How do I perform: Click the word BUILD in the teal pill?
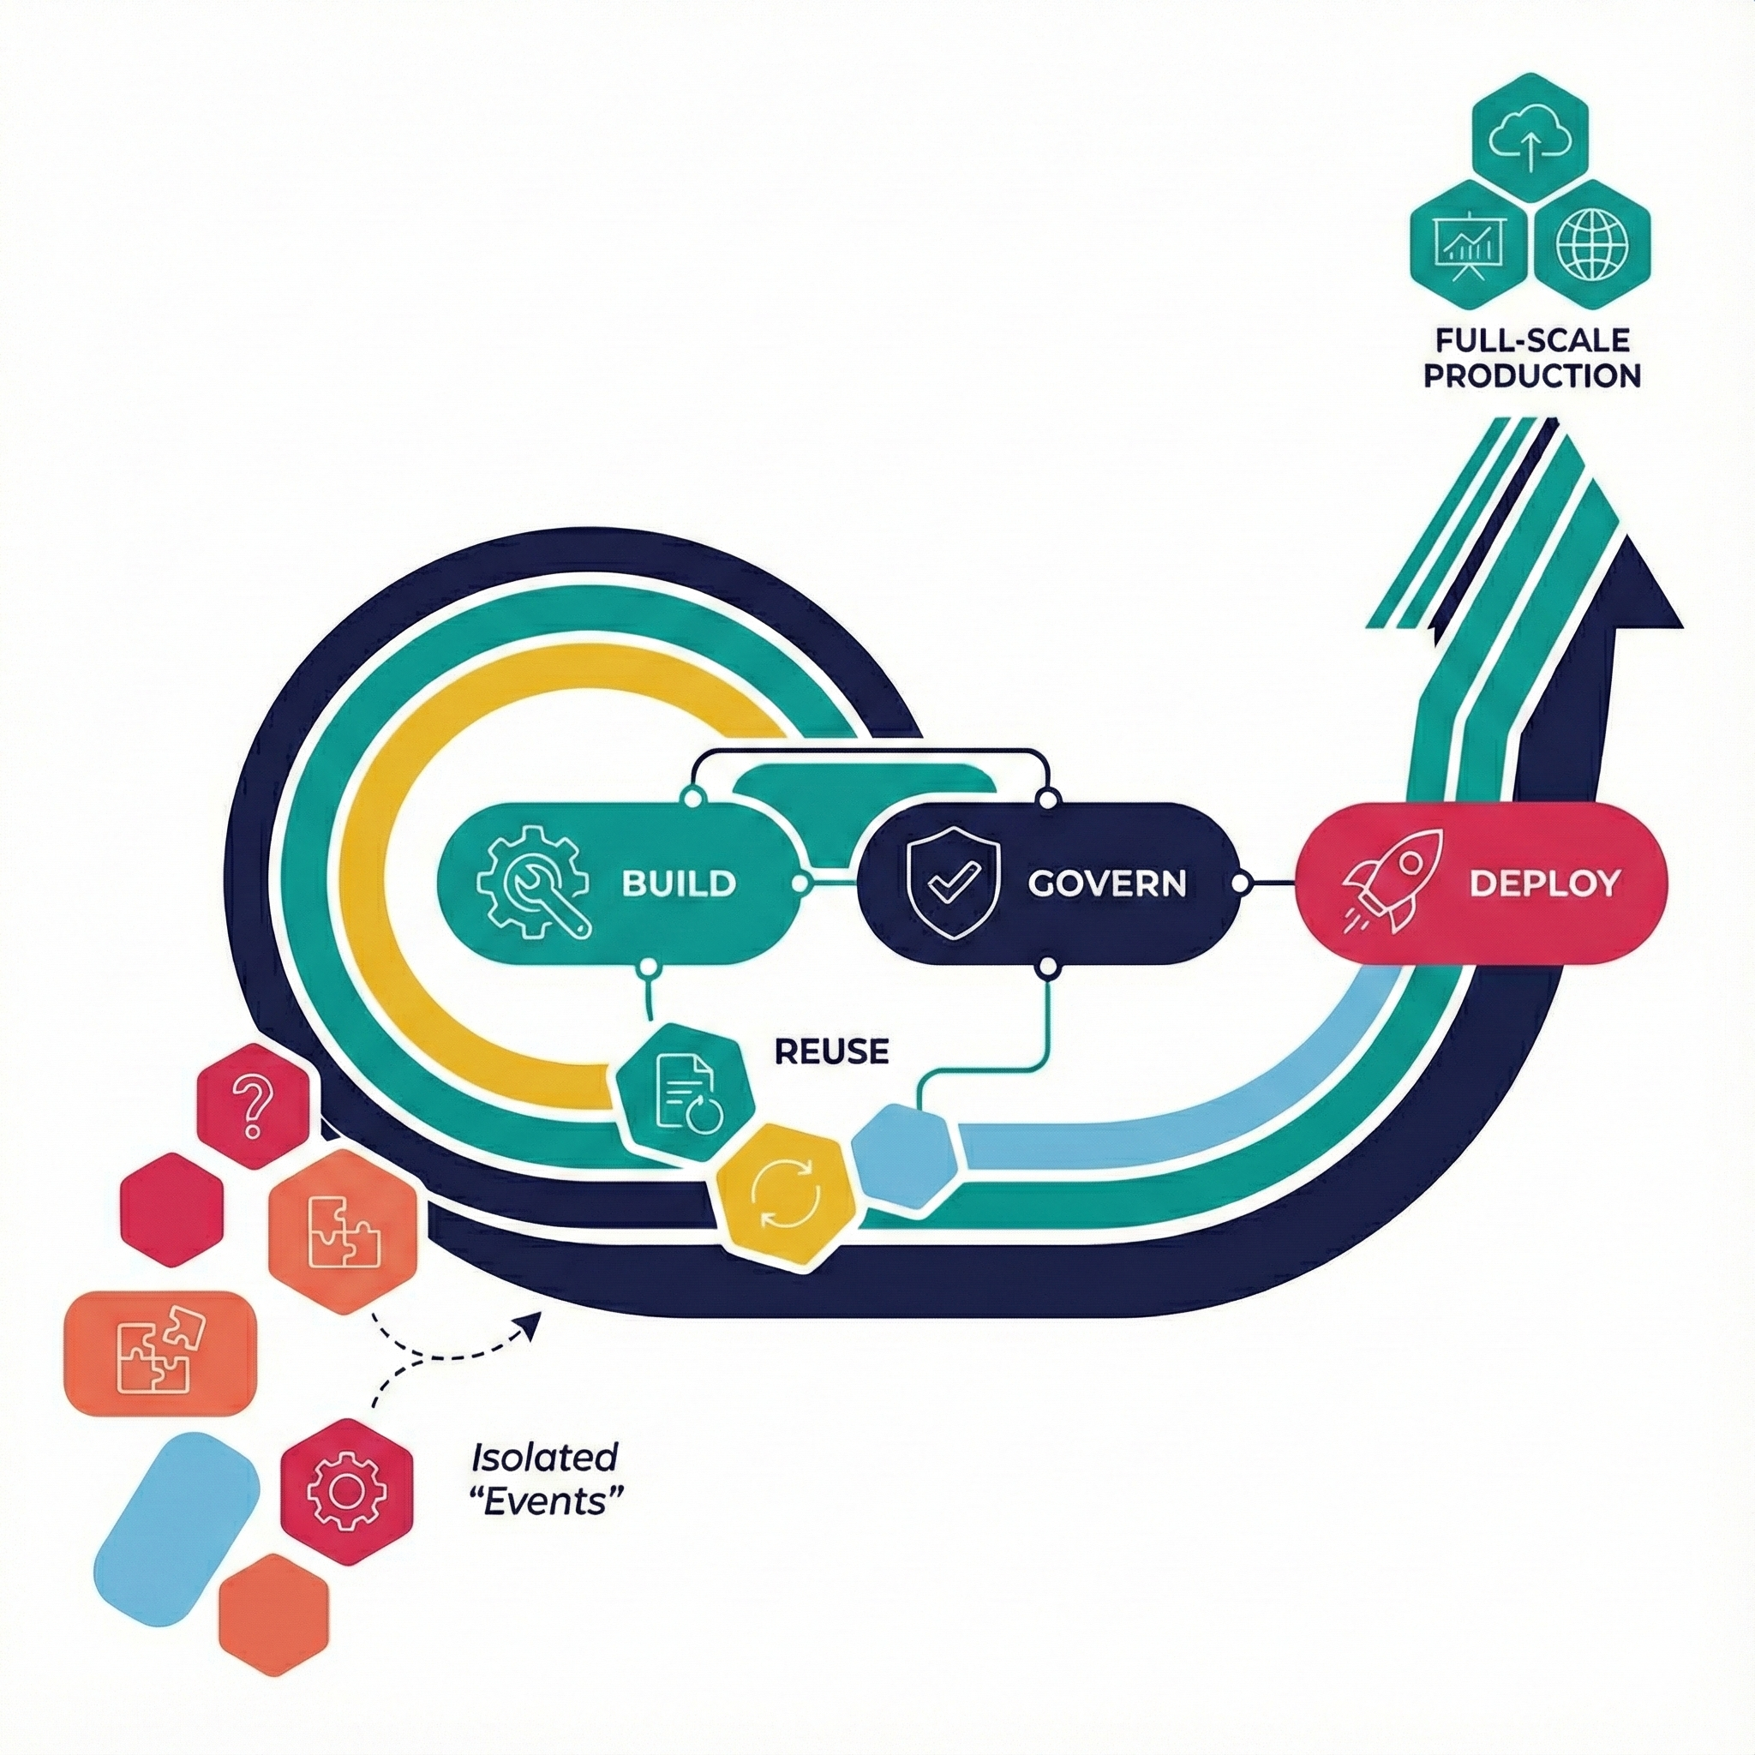[x=679, y=883]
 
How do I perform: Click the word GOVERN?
[x=1106, y=883]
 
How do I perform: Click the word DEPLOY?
[x=1543, y=883]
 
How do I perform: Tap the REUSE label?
[x=831, y=1051]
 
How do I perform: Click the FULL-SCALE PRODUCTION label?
[x=1531, y=358]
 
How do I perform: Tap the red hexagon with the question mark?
[x=254, y=1106]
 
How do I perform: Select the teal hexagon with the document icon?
[x=686, y=1093]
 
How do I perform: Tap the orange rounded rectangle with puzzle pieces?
[x=161, y=1352]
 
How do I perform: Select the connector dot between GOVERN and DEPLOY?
[x=1242, y=883]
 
